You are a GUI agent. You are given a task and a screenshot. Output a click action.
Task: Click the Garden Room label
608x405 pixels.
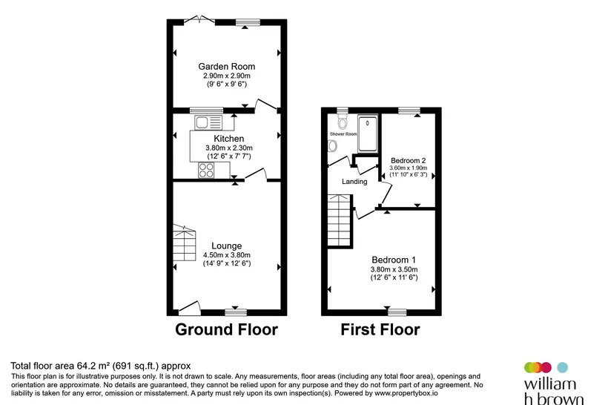coord(226,66)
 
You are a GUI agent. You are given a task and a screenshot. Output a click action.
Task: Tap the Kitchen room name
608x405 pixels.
coord(229,139)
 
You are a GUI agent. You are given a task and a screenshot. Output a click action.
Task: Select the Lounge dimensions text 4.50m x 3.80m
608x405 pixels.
coord(227,255)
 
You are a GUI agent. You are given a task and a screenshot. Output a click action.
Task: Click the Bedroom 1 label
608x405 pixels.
coord(394,260)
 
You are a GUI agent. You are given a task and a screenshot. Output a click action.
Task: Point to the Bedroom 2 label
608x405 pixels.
coord(409,160)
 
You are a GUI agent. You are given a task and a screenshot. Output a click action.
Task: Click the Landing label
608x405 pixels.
coord(354,182)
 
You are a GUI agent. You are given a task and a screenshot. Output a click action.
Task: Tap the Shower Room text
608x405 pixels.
coord(343,134)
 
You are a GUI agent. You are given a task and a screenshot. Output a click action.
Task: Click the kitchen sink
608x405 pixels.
coord(208,122)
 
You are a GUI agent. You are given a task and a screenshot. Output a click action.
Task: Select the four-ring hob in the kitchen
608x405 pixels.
coord(206,171)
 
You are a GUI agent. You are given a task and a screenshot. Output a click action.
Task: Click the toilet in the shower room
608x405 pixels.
coord(343,122)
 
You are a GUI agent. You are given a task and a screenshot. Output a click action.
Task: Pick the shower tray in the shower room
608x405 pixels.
coord(367,133)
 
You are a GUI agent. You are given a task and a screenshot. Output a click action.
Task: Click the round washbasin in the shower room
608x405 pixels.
coord(332,146)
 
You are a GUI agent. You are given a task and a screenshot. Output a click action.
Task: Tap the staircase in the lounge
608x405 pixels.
coord(184,243)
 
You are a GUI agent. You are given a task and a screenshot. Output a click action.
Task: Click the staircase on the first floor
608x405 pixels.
coord(340,221)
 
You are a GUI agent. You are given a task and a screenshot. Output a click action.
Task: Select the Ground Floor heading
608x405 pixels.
coord(226,330)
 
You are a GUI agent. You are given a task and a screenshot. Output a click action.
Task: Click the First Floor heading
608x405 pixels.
coord(380,330)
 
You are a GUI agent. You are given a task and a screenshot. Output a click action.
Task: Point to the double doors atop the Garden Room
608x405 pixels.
coord(199,19)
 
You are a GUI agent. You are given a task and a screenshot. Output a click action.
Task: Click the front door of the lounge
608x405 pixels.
coord(190,307)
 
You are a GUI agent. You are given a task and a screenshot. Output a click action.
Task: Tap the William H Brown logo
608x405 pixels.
coord(553,383)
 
